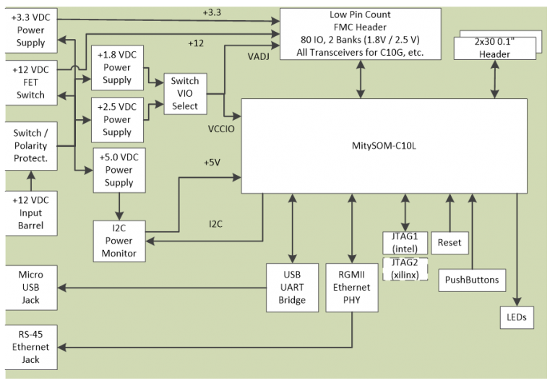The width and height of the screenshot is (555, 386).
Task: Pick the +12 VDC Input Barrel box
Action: [x=30, y=213]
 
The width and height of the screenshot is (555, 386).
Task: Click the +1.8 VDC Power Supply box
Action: [x=117, y=68]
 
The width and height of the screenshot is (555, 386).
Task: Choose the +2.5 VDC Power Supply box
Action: [x=117, y=120]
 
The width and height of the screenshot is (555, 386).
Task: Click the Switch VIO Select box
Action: [x=184, y=94]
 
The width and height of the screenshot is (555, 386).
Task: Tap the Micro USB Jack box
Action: [x=30, y=288]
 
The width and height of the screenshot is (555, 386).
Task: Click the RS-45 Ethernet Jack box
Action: [x=30, y=348]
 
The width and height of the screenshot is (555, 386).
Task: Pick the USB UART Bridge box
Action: [x=293, y=288]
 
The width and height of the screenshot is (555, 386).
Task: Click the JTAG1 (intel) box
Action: [x=405, y=242]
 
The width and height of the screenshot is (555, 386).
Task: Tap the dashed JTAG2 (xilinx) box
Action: [x=405, y=269]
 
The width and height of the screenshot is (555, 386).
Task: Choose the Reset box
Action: [x=449, y=243]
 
